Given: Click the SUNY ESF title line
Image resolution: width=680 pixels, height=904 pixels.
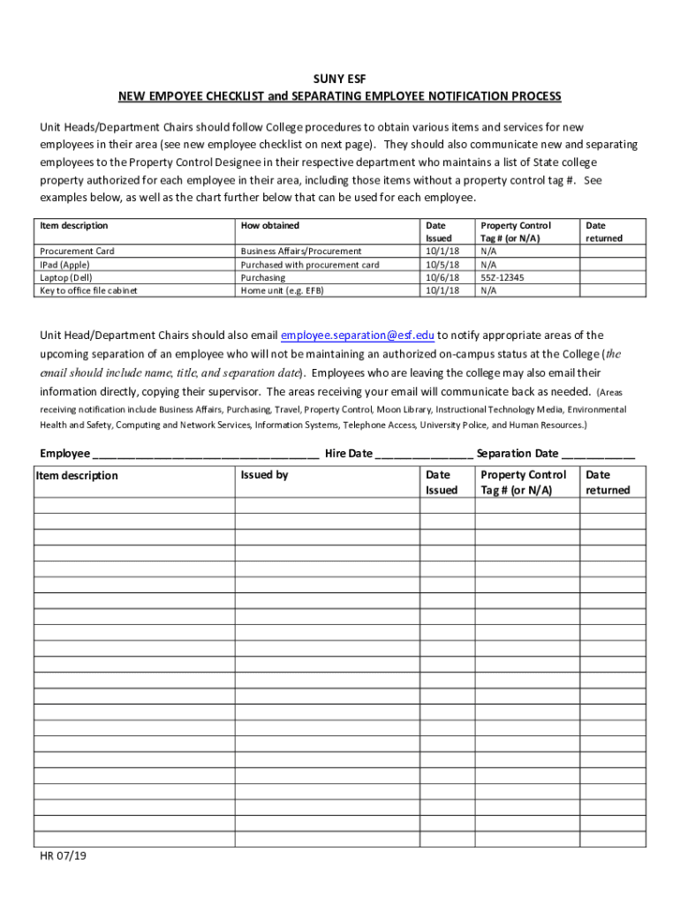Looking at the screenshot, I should [340, 79].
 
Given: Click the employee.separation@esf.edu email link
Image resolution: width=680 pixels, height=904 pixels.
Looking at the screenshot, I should [358, 335].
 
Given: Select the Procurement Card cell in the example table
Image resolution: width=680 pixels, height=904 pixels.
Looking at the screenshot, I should [77, 252].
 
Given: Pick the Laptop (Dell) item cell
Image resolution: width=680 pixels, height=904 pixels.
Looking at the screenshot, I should [65, 277].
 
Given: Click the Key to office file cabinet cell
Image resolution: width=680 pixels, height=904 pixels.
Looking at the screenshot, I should [88, 290].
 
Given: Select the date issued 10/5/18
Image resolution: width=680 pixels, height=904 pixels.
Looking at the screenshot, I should [442, 265].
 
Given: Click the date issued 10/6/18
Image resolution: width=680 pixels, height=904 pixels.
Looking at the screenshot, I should [442, 277].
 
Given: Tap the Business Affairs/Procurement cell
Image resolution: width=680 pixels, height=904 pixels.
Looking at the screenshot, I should [301, 252].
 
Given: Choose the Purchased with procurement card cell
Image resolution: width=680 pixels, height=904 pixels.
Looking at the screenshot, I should [310, 265].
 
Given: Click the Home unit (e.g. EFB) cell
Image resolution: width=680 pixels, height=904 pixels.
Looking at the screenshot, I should [283, 290].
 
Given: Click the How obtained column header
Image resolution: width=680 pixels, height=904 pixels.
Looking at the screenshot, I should [270, 226].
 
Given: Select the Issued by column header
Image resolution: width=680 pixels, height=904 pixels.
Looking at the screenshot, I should [264, 475].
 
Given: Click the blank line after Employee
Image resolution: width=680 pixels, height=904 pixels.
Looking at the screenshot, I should [205, 456].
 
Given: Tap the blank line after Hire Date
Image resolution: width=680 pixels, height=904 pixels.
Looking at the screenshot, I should [424, 456].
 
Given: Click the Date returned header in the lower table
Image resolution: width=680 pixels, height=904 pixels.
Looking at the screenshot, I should [608, 482].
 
